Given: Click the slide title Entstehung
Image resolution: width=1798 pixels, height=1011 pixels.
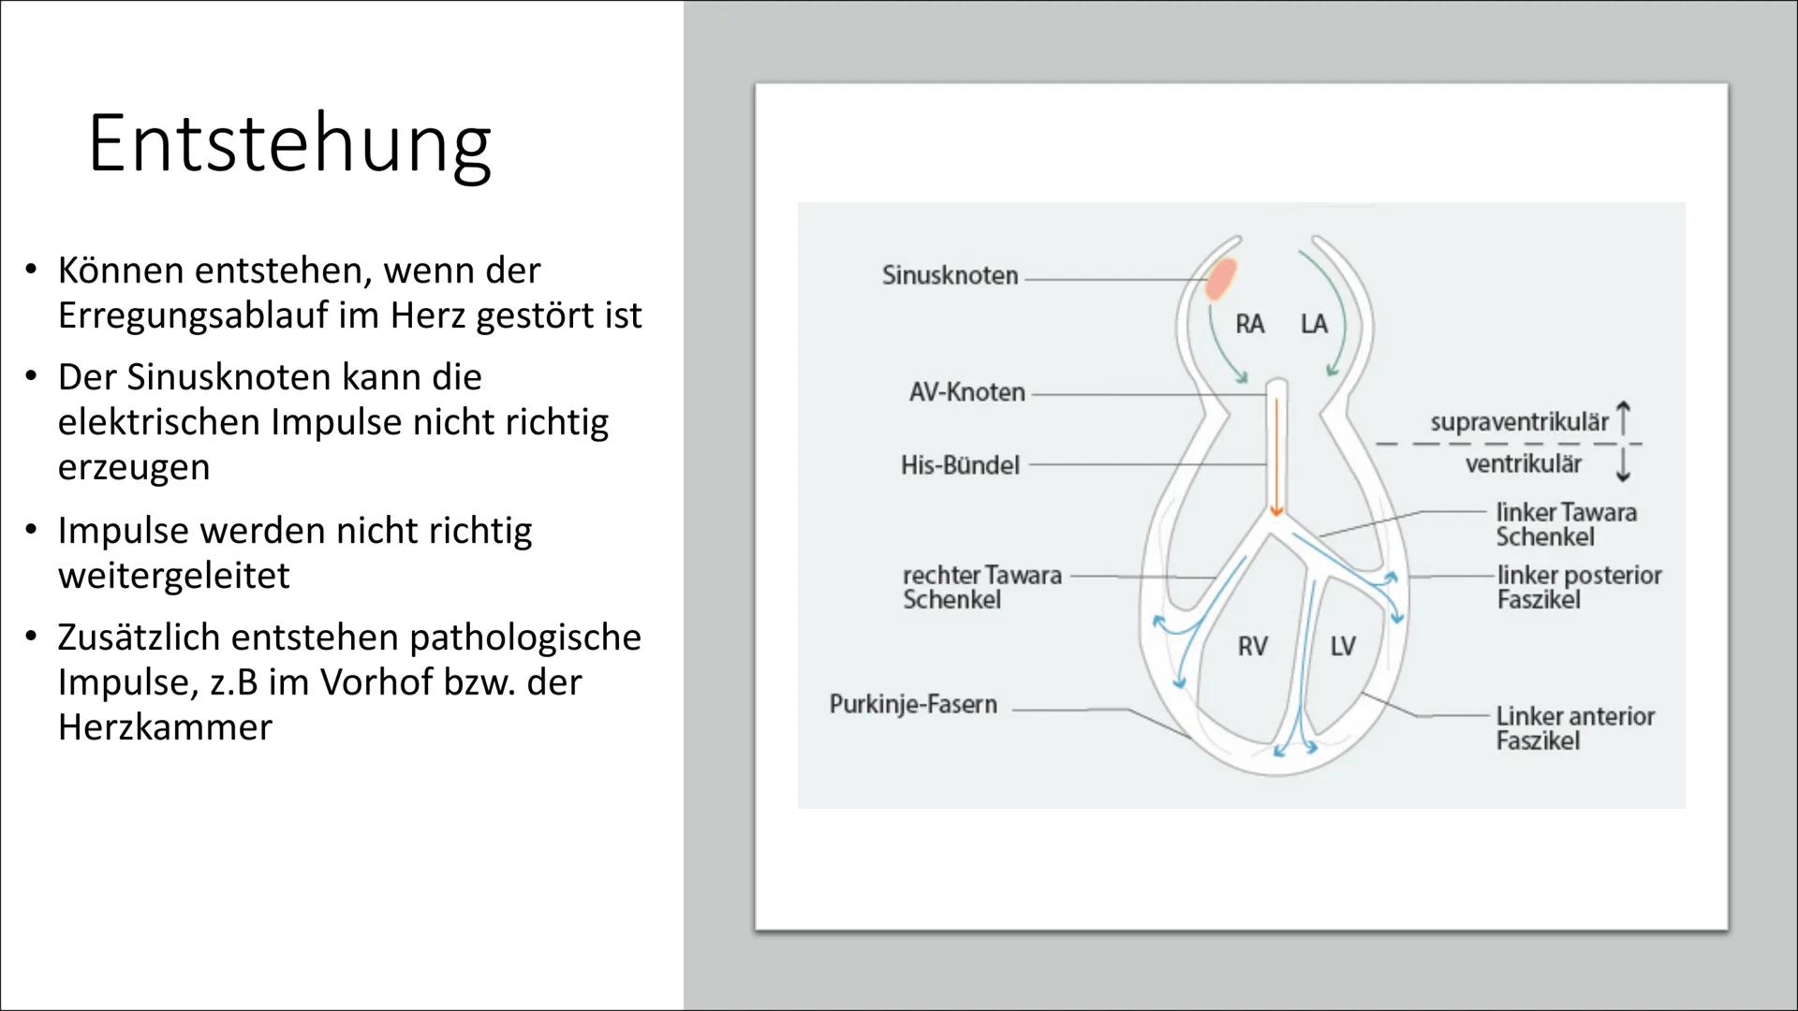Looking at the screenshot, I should click(288, 143).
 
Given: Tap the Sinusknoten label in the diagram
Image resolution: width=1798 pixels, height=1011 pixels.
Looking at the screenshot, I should click(950, 275).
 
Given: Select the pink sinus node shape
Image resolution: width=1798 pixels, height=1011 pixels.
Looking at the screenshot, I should click(1219, 279).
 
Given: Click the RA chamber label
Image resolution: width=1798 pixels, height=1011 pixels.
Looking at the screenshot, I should click(1249, 324).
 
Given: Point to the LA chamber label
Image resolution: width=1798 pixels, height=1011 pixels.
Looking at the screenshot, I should click(1314, 324).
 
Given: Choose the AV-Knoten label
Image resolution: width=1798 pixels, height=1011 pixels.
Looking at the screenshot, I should click(966, 392).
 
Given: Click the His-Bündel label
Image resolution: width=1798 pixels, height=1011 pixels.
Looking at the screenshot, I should click(960, 465).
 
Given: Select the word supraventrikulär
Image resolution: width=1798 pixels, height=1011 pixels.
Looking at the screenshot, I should click(1519, 422).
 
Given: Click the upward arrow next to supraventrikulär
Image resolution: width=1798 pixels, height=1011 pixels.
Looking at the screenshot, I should click(1624, 418).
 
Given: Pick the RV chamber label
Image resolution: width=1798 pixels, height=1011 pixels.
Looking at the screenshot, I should click(1252, 646).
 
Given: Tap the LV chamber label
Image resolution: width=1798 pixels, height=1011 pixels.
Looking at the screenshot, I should click(1343, 646).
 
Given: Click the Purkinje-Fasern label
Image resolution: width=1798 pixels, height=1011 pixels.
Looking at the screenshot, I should click(913, 704).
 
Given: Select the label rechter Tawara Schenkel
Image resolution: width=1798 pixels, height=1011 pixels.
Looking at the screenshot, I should click(981, 587).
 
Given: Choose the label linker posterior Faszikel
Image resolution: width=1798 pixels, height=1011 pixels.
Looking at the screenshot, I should click(1579, 587).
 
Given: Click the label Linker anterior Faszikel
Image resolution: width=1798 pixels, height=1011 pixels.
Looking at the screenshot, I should click(1575, 728).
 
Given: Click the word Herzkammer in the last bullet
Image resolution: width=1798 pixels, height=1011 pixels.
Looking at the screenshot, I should click(165, 727).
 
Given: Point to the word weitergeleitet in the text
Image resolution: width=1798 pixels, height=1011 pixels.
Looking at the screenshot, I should click(174, 575).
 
